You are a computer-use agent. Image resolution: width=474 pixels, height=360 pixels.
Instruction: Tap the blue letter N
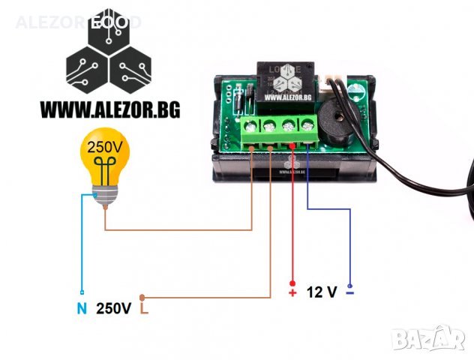(81, 308)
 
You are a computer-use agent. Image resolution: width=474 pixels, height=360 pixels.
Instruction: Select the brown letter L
(144, 308)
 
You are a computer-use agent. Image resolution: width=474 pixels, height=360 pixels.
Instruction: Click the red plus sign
(292, 292)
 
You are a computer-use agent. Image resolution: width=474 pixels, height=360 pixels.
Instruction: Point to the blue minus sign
(350, 292)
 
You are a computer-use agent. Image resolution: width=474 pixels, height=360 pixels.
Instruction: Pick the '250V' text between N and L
(113, 308)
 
